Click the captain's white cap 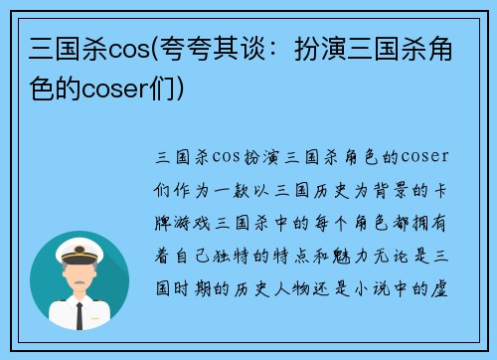tap(80, 247)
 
